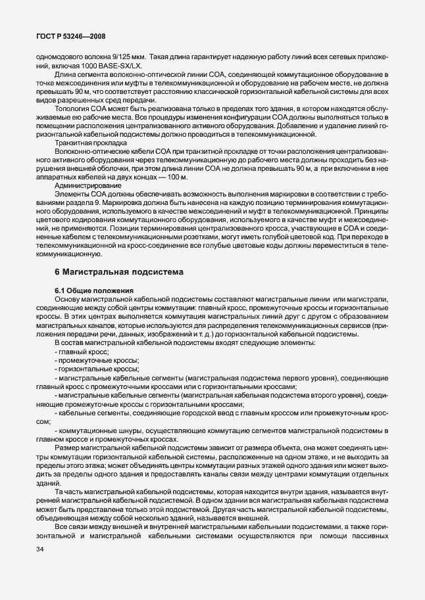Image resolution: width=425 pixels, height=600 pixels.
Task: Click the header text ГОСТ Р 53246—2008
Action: coord(71,37)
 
